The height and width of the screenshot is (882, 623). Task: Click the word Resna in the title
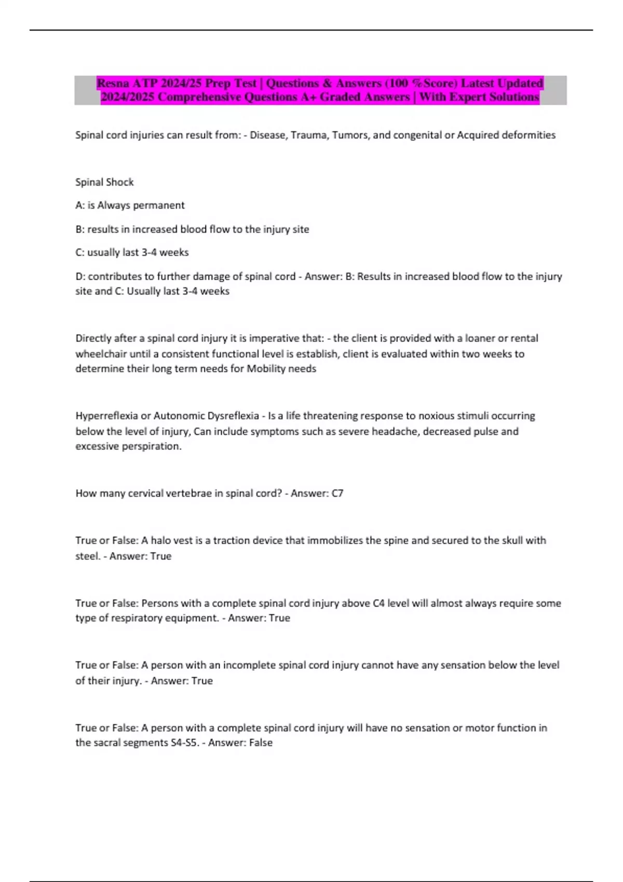tap(113, 83)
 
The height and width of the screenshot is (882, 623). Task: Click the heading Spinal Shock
tap(104, 182)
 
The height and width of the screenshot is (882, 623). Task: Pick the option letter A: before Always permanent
tap(80, 205)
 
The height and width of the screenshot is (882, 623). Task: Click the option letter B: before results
tap(80, 229)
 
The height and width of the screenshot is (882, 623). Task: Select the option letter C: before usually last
tap(80, 253)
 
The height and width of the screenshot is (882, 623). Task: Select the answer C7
tap(337, 493)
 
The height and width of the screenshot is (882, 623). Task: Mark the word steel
tap(87, 556)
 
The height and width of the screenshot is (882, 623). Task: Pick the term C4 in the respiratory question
tap(378, 603)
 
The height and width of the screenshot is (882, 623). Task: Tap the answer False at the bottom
tap(261, 743)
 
